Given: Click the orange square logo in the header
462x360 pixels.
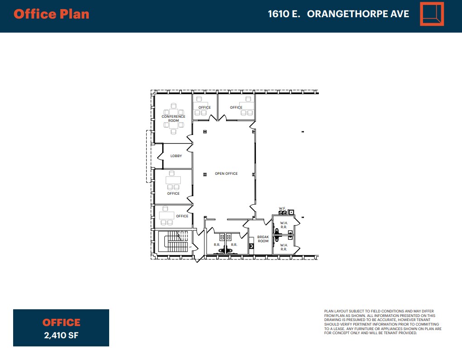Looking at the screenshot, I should [432, 14].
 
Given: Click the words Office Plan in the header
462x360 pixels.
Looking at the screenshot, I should [51, 14].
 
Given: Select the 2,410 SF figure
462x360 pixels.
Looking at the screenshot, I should [61, 336].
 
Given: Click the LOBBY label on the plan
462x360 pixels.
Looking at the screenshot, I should [176, 156].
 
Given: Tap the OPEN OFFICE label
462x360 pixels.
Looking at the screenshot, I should [226, 174].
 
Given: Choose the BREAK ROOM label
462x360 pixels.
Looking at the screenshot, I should [263, 239].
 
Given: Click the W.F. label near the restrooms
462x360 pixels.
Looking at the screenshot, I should [281, 208].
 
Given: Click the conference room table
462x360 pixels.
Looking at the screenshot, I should [173, 119].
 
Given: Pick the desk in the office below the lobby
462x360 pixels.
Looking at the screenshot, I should [173, 180].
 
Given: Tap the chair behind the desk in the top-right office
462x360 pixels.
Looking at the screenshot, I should [248, 99].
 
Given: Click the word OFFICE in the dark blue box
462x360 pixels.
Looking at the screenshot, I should [61, 322].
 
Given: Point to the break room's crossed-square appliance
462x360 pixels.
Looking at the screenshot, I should [251, 246].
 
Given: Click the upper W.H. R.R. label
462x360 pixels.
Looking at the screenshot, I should [284, 225].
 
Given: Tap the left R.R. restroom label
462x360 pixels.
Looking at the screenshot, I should [217, 245].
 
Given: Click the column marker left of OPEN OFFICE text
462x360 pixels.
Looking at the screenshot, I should [205, 174].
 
